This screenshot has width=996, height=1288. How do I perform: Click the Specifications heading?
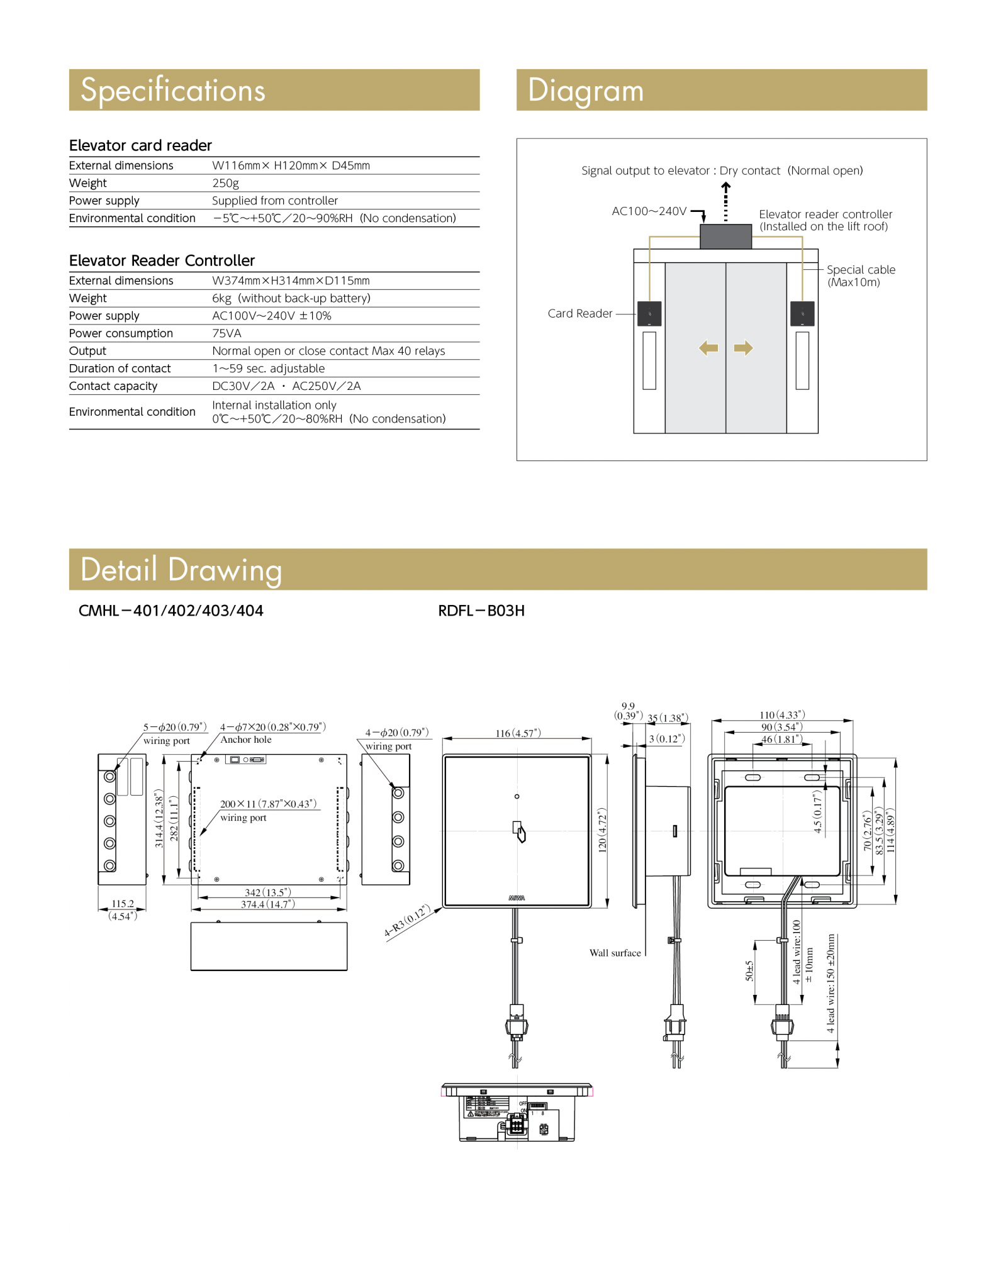click(x=173, y=90)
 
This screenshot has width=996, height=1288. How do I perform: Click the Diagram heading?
click(x=585, y=91)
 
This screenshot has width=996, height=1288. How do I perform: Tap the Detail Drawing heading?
click(x=181, y=570)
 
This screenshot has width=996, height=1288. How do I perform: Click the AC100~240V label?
click(x=649, y=211)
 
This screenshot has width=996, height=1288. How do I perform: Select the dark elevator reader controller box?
click(x=725, y=236)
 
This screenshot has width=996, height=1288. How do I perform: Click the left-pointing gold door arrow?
click(x=708, y=348)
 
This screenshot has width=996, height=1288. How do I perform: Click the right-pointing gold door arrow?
click(x=743, y=348)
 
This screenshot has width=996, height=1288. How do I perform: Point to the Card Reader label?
click(x=579, y=313)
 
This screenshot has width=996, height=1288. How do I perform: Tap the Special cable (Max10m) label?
click(x=860, y=275)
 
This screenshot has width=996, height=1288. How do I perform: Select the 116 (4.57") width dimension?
click(x=518, y=733)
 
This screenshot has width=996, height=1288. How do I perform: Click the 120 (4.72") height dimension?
click(x=602, y=830)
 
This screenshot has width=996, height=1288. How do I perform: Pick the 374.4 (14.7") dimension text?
click(x=267, y=904)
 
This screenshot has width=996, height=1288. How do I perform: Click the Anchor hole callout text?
click(x=246, y=740)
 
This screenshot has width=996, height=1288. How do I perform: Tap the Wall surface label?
click(x=615, y=953)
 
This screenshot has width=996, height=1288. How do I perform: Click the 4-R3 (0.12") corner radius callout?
click(x=407, y=921)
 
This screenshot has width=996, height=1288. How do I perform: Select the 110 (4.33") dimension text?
click(x=782, y=715)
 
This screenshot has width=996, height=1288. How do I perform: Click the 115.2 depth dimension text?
click(x=123, y=904)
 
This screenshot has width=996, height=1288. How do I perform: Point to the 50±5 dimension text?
click(x=749, y=970)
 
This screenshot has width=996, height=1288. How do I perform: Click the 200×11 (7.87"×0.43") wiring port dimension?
click(x=268, y=804)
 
